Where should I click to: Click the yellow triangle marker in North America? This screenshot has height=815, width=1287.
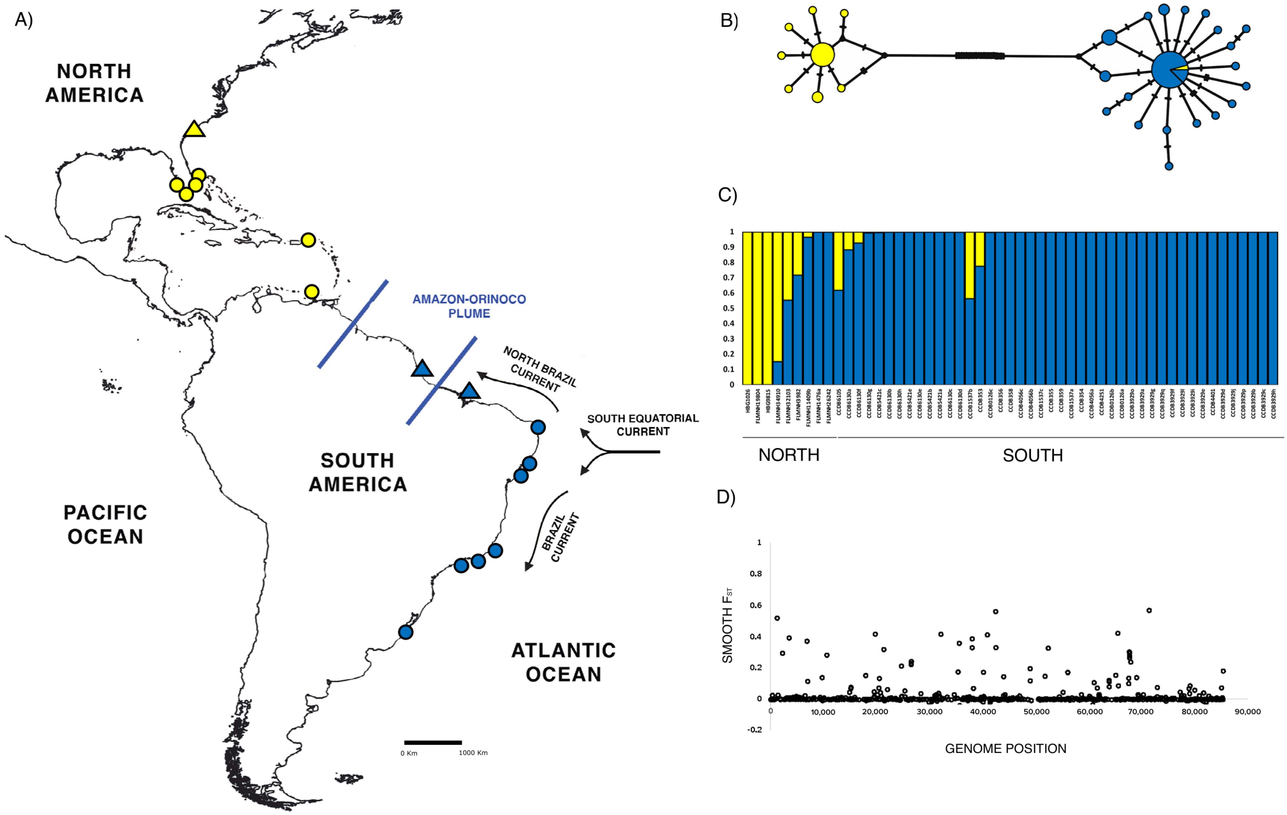click(194, 129)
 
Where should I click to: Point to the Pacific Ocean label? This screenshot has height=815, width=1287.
click(105, 524)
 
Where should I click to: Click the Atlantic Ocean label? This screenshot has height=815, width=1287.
click(564, 662)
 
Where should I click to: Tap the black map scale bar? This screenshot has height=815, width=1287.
click(433, 742)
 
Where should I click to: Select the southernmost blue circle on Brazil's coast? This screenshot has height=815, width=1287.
click(406, 632)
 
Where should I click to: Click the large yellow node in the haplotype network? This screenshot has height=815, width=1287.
click(822, 55)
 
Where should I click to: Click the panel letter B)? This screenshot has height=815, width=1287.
click(729, 20)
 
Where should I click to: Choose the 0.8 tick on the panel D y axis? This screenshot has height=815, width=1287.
click(756, 574)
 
